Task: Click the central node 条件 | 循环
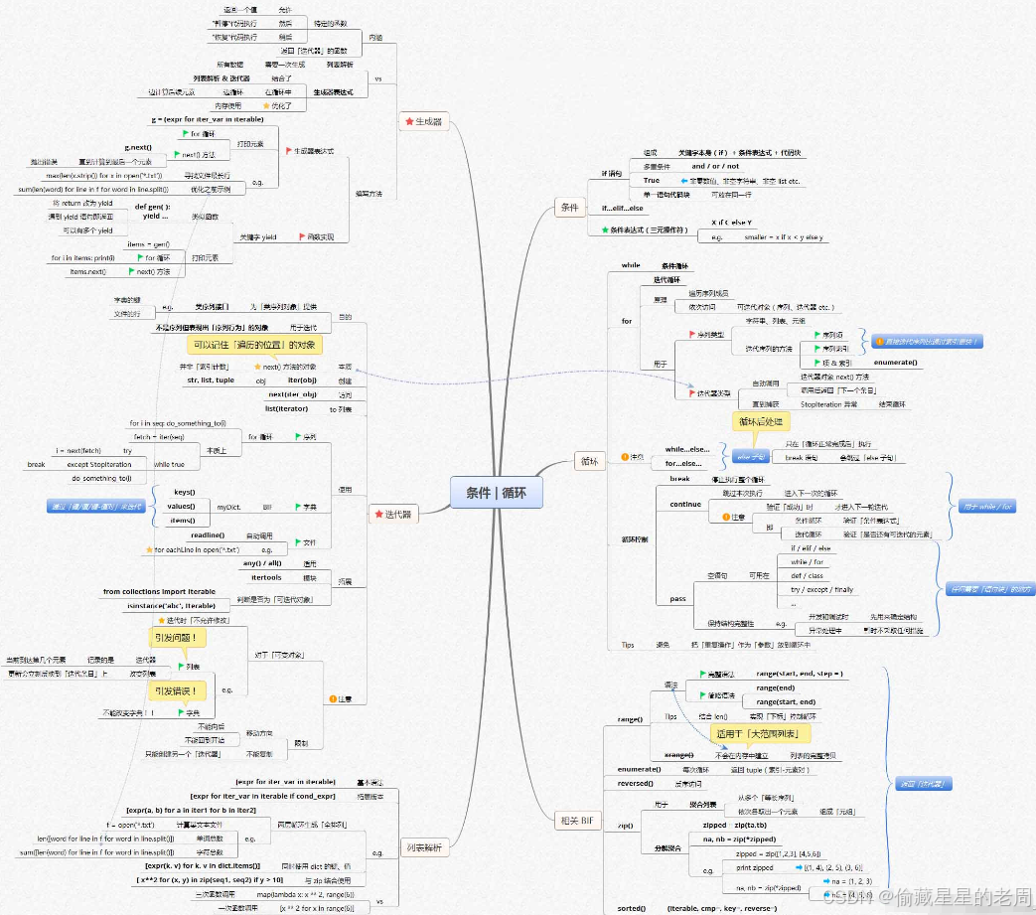click(496, 492)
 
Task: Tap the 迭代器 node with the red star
click(391, 514)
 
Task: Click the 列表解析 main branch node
click(424, 847)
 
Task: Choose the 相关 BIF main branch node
click(577, 820)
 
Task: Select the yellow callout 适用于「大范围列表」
click(761, 733)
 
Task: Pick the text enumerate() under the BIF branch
click(639, 769)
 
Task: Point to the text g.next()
click(138, 147)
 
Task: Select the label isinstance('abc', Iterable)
click(172, 605)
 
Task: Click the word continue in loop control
click(685, 504)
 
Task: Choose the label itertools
click(266, 577)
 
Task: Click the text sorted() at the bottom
click(632, 908)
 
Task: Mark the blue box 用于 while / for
click(986, 507)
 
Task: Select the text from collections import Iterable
click(159, 591)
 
